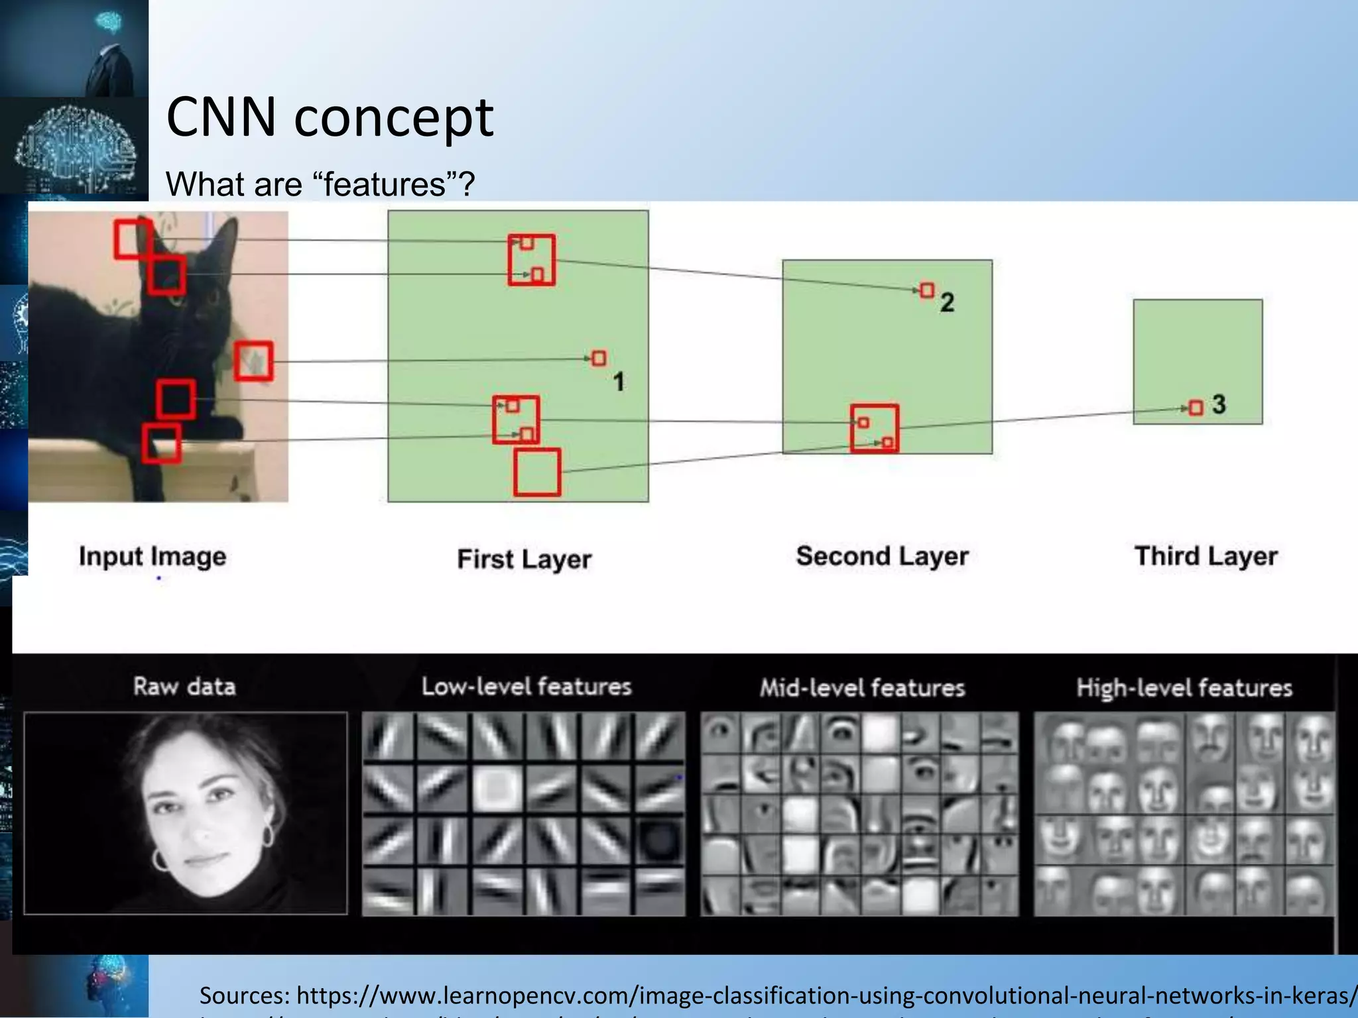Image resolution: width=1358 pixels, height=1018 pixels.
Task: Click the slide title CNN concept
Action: pyautogui.click(x=330, y=117)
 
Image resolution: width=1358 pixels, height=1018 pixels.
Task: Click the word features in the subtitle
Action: pyautogui.click(x=385, y=184)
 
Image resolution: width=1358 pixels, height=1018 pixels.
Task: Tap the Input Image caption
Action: pyautogui.click(x=153, y=556)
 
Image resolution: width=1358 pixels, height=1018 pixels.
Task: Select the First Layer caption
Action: pyautogui.click(x=524, y=559)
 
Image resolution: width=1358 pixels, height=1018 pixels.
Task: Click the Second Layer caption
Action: pyautogui.click(x=882, y=556)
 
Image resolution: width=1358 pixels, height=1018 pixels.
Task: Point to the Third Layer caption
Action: pyautogui.click(x=1205, y=556)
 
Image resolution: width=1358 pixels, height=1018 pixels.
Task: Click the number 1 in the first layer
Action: pyautogui.click(x=618, y=382)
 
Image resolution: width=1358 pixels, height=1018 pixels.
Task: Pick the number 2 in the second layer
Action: pyautogui.click(x=947, y=303)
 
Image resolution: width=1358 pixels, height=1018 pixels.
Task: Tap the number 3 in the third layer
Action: pyautogui.click(x=1219, y=404)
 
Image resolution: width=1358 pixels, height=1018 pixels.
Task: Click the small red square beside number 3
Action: pyautogui.click(x=1196, y=408)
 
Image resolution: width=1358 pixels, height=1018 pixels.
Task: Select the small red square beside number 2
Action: pyautogui.click(x=927, y=290)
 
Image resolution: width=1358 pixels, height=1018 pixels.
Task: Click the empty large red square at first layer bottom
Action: pyautogui.click(x=537, y=473)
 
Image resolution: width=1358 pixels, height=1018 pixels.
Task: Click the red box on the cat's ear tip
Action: pyautogui.click(x=133, y=239)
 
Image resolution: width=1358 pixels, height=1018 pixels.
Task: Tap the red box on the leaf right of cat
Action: pyautogui.click(x=253, y=361)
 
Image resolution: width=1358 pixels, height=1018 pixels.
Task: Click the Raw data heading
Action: pyautogui.click(x=184, y=687)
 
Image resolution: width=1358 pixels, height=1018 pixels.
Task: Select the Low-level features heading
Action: pyautogui.click(x=526, y=687)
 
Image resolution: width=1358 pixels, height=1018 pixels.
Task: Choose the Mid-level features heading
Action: pyautogui.click(x=862, y=688)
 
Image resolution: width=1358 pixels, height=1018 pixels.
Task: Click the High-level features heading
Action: pyautogui.click(x=1184, y=688)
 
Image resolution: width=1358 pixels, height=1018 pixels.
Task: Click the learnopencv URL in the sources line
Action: pyautogui.click(x=822, y=995)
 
